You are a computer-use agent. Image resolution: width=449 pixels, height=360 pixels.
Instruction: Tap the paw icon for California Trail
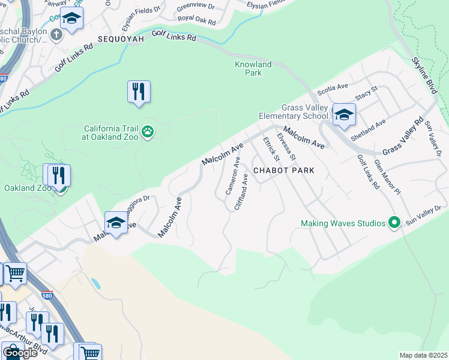coord(147,131)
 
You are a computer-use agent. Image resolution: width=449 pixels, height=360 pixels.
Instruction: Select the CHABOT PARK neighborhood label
coord(284,170)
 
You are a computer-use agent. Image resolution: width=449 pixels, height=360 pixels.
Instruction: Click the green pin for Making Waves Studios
coord(394,223)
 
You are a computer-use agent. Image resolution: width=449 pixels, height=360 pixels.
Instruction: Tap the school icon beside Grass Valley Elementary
coord(344,115)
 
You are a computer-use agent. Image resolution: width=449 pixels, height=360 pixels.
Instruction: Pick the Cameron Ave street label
coord(233,175)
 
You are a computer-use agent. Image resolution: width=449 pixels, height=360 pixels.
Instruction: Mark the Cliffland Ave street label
coord(241,191)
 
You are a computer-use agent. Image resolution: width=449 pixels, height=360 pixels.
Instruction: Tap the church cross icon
coord(56,34)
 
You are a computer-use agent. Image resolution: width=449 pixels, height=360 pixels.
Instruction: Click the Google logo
coord(20,353)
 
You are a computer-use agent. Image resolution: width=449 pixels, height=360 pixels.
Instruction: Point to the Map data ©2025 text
coord(423,355)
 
